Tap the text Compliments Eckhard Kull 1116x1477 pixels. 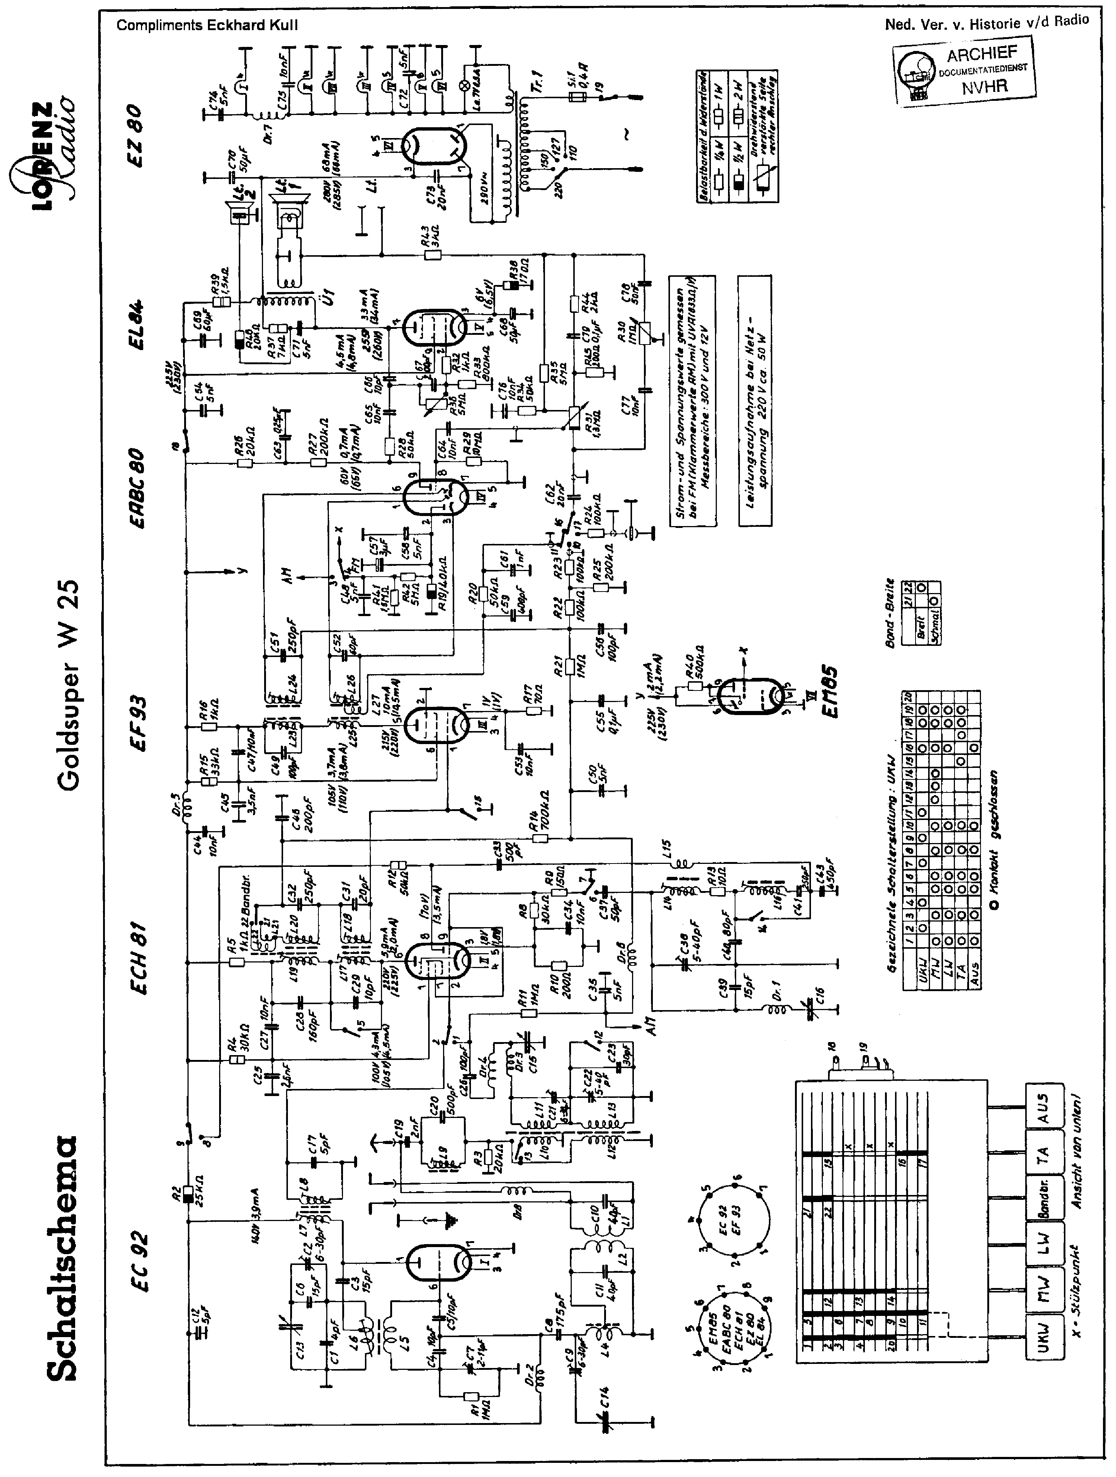[207, 25]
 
